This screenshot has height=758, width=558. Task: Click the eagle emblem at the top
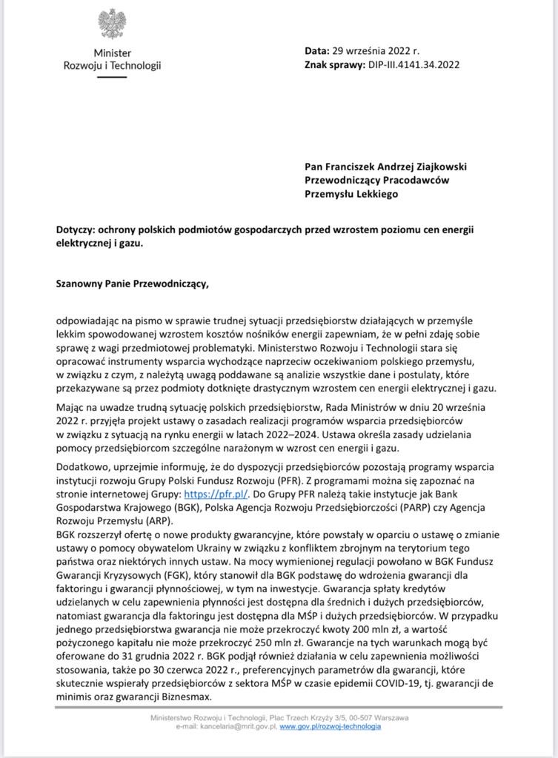click(112, 24)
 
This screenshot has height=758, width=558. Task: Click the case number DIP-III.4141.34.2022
click(413, 64)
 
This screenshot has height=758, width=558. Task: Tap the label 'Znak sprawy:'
click(334, 64)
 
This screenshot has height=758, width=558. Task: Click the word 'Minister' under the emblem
click(112, 53)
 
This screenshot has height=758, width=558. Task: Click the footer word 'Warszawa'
click(389, 718)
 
